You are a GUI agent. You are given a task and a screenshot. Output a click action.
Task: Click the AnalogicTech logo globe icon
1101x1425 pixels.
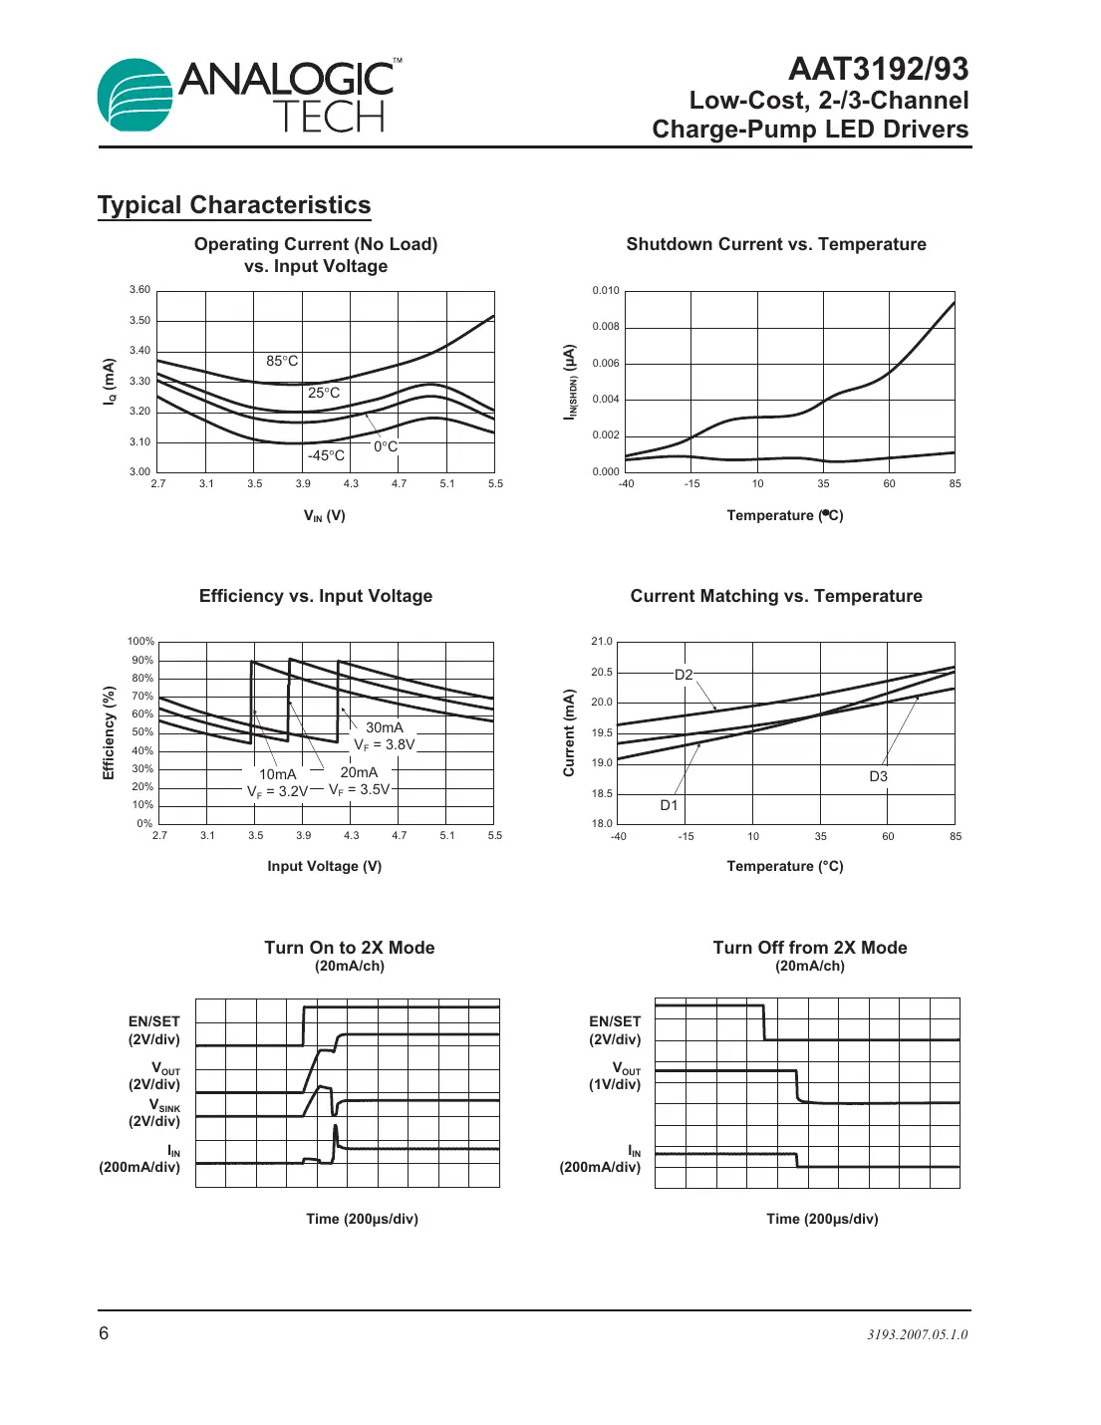click(x=136, y=95)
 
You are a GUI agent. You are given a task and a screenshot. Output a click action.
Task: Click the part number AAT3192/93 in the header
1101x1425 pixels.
click(x=878, y=69)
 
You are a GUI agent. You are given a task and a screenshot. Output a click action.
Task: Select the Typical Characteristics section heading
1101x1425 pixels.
click(x=234, y=205)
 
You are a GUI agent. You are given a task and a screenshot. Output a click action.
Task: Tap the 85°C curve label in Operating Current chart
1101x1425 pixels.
click(x=282, y=361)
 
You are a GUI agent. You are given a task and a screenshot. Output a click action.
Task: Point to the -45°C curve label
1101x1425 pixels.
click(x=326, y=455)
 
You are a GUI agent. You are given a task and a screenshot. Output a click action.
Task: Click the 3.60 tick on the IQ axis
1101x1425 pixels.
click(x=139, y=290)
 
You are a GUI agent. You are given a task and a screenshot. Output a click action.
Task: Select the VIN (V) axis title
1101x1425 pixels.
click(x=325, y=515)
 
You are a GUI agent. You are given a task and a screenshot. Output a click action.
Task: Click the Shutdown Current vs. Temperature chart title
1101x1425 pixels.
click(x=775, y=244)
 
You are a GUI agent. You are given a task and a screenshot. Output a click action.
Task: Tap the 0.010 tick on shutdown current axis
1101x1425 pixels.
click(x=606, y=291)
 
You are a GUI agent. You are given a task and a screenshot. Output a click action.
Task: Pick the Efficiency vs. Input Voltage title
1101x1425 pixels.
click(x=316, y=596)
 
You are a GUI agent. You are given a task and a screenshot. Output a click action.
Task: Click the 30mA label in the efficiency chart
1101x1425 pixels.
click(x=384, y=727)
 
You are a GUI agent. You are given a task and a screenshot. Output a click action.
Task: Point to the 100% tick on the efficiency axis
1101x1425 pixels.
click(x=140, y=642)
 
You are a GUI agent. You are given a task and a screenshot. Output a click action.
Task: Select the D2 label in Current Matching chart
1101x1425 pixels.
click(x=684, y=675)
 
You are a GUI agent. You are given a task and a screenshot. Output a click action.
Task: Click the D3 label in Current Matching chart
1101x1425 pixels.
click(x=878, y=776)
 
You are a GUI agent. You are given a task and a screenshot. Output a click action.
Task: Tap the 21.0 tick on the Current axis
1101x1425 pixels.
click(x=602, y=642)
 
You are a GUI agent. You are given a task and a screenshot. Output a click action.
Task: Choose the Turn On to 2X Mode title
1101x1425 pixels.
click(x=349, y=948)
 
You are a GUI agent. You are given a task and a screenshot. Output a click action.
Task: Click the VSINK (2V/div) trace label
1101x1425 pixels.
click(x=155, y=1113)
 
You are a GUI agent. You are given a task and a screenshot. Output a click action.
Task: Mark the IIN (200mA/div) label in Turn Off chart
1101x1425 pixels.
click(x=601, y=1159)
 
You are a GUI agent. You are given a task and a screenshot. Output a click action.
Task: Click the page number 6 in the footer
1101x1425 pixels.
click(x=104, y=1333)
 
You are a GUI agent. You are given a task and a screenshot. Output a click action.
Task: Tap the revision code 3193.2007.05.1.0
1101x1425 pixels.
click(x=917, y=1334)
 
